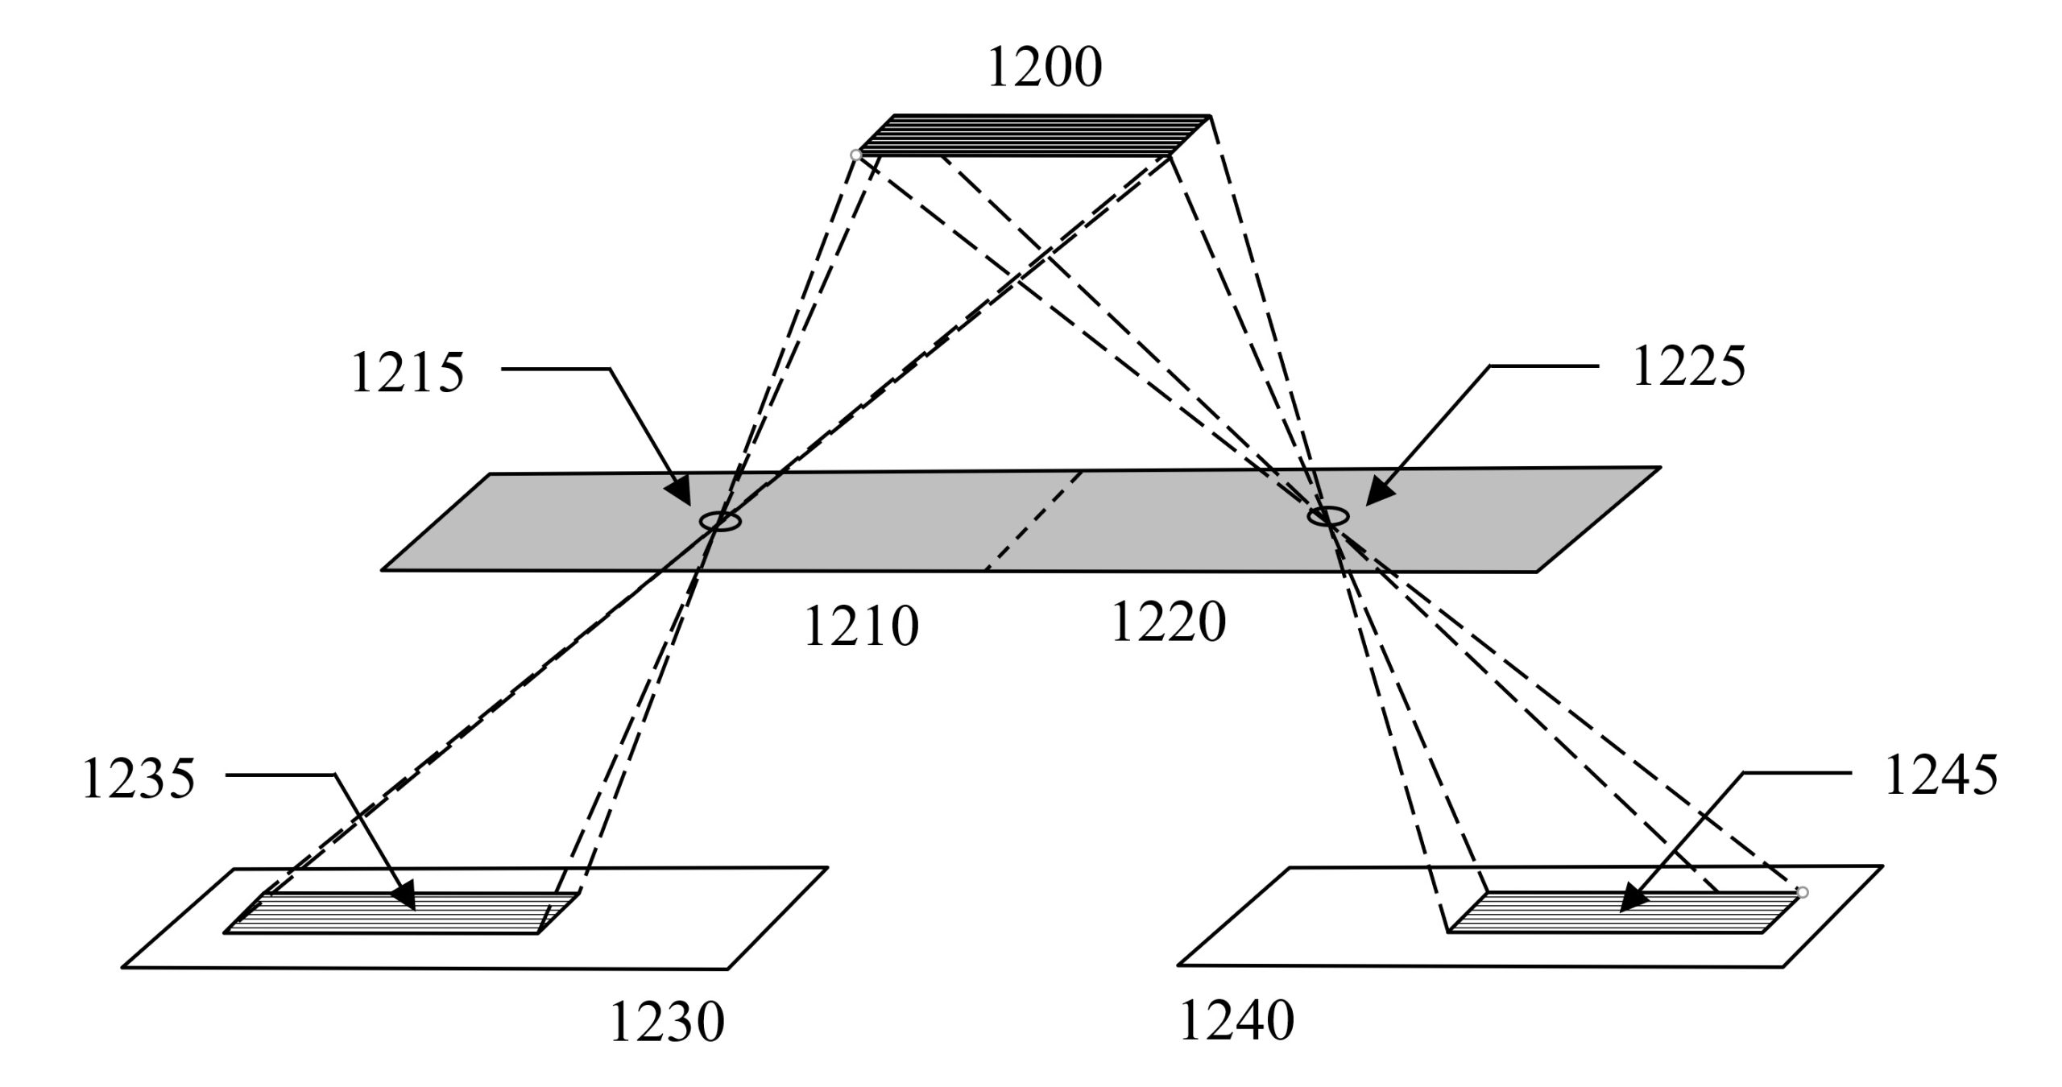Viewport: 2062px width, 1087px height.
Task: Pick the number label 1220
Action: coord(1168,622)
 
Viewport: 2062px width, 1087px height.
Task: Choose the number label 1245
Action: coord(1941,775)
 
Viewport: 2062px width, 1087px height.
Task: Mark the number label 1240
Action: coord(1236,1020)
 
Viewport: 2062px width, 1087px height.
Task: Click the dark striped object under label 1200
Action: coord(1033,135)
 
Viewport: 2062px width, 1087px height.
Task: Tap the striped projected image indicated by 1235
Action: coord(401,912)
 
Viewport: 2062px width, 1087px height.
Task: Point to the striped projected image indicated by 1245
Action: coord(1624,911)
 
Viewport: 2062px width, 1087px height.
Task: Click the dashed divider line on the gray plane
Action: coord(1034,521)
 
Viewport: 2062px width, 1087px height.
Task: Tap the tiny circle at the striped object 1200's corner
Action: coord(855,155)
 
